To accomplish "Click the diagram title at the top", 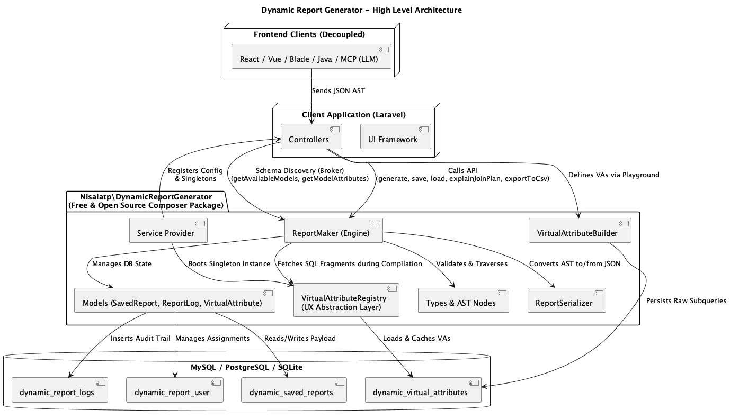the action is coord(361,10).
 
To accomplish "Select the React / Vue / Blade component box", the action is coord(311,56).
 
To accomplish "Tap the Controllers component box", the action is coord(311,136).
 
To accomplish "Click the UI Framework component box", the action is coord(395,136).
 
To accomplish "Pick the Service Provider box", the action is coord(168,230).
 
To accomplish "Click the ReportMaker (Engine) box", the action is coord(333,230).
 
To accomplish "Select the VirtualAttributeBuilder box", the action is coord(580,230).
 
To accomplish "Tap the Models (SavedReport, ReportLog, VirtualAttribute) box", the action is coord(175,300).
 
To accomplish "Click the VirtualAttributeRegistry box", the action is coord(346,300).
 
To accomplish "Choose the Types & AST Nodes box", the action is coord(463,300).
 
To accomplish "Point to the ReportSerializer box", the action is coord(567,300).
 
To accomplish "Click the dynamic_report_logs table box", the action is coord(60,390).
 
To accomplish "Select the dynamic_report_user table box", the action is coord(175,390).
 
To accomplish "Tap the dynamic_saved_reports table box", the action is coord(293,390).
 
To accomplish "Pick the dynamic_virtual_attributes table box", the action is coord(423,390).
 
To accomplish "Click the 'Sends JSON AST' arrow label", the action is coord(339,91).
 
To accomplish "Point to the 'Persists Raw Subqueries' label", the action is coord(686,301).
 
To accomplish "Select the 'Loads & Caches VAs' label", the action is coord(416,338).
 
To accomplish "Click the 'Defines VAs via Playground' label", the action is coord(613,175).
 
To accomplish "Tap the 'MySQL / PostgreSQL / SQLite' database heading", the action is coord(246,367).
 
